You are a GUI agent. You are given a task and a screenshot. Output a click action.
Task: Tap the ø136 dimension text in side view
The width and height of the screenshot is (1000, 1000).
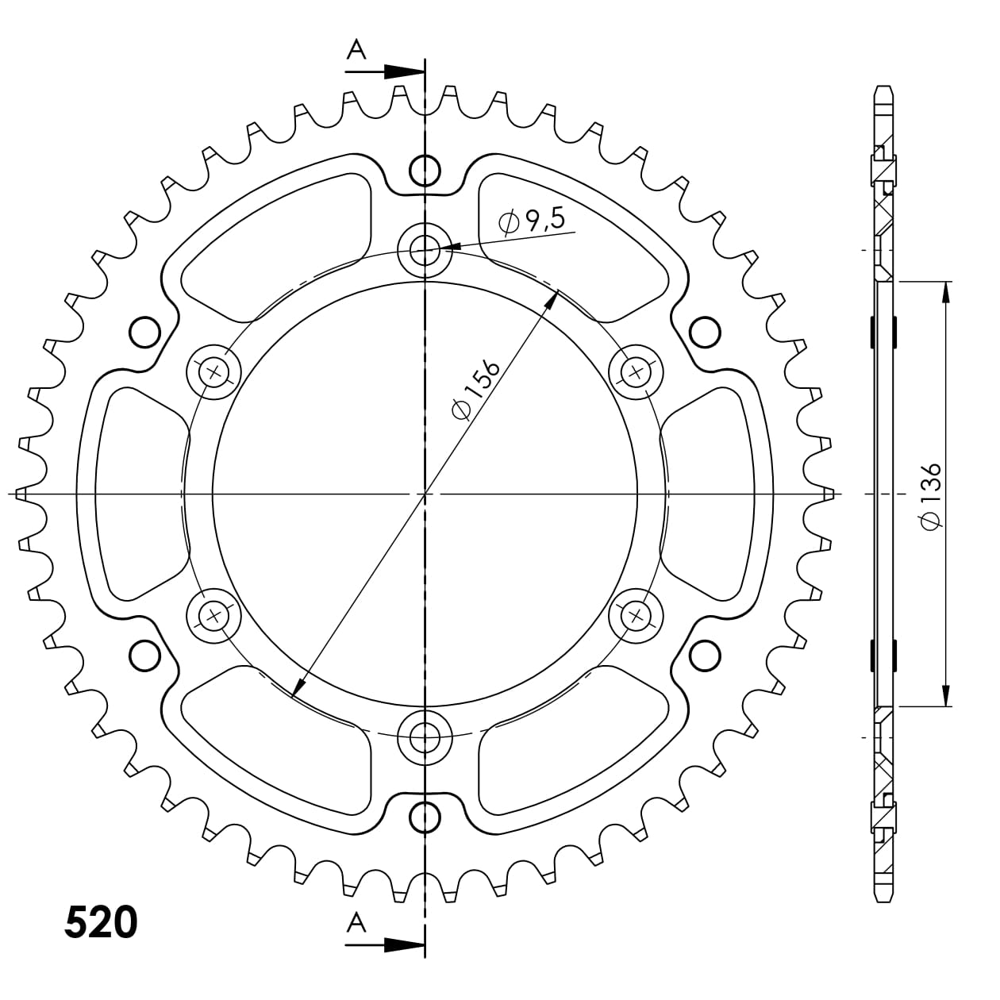pos(930,494)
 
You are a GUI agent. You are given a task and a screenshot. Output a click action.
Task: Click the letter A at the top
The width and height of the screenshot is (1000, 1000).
pos(357,51)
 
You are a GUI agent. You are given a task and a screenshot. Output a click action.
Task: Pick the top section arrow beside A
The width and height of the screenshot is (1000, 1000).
pos(404,71)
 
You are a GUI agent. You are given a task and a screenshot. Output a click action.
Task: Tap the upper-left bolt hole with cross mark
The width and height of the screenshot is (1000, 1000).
pos(213,371)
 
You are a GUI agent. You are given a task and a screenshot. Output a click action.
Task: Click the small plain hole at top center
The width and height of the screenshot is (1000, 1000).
pos(425,169)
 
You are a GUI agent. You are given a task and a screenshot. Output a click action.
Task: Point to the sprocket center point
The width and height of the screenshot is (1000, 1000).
pos(425,494)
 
